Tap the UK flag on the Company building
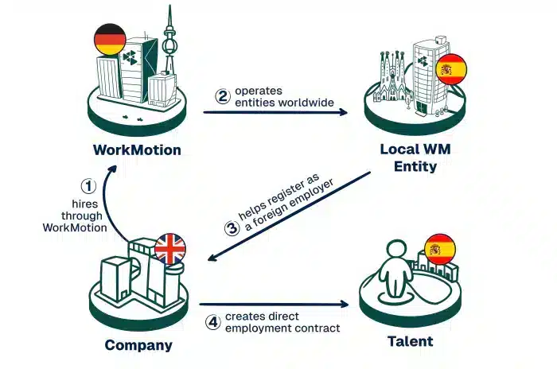(x=169, y=249)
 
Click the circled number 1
(x=88, y=186)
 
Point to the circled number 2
(x=223, y=95)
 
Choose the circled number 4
(x=212, y=323)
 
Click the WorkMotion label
(x=137, y=150)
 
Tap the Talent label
(x=410, y=342)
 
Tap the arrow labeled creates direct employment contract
(x=275, y=304)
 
